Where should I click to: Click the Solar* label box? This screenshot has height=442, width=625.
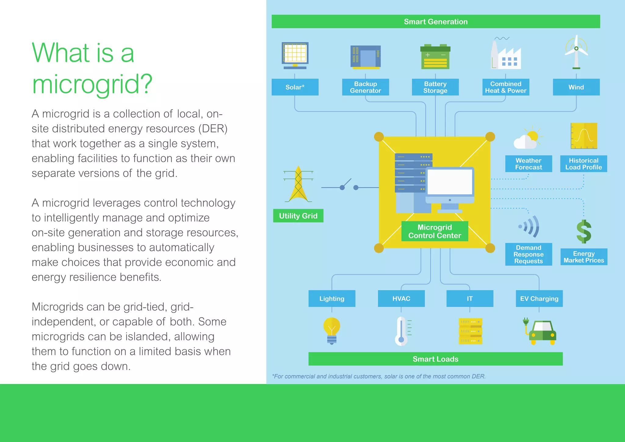click(x=295, y=87)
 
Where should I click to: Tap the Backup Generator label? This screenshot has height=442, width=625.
click(x=365, y=87)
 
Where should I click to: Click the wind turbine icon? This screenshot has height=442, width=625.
click(x=576, y=52)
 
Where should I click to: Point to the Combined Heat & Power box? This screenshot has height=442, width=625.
click(x=506, y=87)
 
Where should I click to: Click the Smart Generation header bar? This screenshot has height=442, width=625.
click(x=435, y=21)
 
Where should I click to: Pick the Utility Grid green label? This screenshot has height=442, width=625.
click(x=298, y=216)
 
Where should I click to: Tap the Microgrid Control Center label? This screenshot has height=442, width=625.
click(x=435, y=231)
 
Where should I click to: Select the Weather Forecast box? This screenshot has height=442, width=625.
click(x=529, y=164)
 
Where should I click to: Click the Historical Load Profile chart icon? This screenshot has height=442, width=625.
click(x=584, y=136)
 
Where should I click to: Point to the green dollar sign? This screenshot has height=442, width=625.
click(x=584, y=232)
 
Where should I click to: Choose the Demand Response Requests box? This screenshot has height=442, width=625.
click(x=529, y=254)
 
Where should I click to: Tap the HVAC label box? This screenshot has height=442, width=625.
click(x=401, y=299)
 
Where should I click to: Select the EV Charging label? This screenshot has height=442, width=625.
click(x=539, y=299)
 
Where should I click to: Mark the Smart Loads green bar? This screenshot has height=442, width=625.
click(x=435, y=359)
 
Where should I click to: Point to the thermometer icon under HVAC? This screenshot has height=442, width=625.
click(x=402, y=331)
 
